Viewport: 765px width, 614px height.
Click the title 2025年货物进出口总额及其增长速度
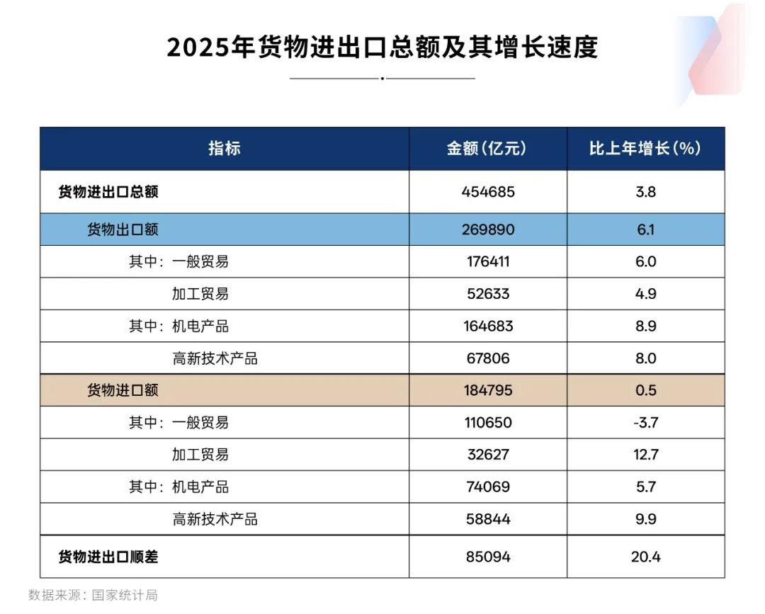(x=382, y=47)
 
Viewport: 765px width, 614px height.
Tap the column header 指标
(x=224, y=148)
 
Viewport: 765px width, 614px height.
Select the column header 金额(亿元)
(x=487, y=148)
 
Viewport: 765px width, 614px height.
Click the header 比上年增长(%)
(x=645, y=148)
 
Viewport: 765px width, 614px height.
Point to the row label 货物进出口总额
(x=108, y=192)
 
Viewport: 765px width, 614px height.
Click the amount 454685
(x=488, y=192)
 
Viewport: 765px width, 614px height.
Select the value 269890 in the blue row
(x=488, y=229)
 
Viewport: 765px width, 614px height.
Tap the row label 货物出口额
(x=123, y=229)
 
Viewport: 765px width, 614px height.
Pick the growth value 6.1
(x=645, y=229)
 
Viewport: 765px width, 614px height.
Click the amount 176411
(x=488, y=261)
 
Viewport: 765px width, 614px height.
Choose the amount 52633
(x=488, y=294)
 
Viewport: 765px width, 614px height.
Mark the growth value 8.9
(x=645, y=326)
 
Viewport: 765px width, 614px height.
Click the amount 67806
(x=488, y=358)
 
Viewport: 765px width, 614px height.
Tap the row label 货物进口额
(x=123, y=390)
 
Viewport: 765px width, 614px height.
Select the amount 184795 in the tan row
(x=488, y=390)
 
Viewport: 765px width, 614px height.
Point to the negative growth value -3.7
(x=645, y=423)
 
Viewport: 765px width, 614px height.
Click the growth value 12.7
(x=645, y=455)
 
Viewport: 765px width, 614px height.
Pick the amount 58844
(x=488, y=519)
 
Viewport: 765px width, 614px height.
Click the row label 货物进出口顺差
(x=108, y=557)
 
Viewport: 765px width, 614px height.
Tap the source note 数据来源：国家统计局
(x=93, y=595)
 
